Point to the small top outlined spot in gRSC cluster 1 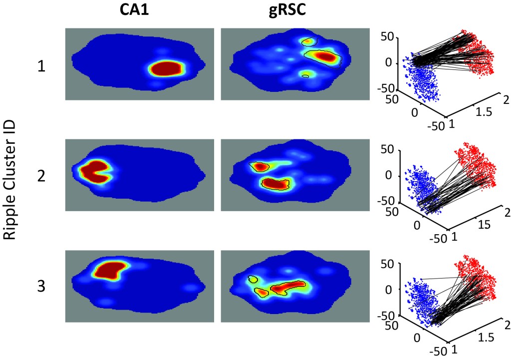pyautogui.click(x=309, y=40)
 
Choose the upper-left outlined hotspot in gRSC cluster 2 pyautogui.click(x=260, y=166)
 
